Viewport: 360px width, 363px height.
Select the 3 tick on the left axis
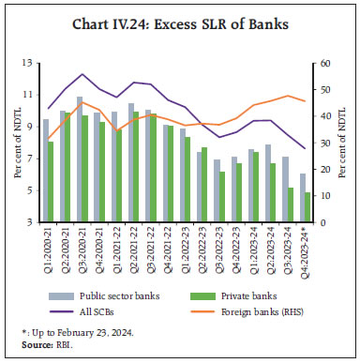pyautogui.click(x=31, y=222)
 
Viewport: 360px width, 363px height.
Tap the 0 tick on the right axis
pyautogui.click(x=320, y=222)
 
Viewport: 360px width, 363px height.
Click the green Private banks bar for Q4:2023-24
pyautogui.click(x=307, y=207)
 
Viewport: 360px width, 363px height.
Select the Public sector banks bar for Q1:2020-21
pyautogui.click(x=45, y=171)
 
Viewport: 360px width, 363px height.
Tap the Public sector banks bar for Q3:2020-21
pyautogui.click(x=79, y=159)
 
